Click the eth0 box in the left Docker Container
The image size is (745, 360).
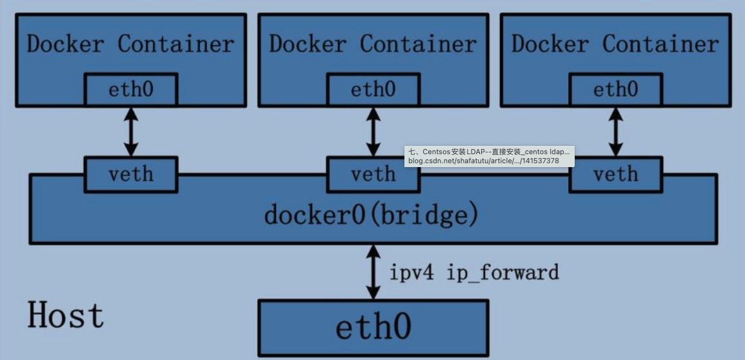coord(130,89)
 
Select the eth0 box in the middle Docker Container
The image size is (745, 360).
coord(373,89)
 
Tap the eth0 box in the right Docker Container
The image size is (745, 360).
coord(615,89)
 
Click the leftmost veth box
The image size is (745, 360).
coord(130,174)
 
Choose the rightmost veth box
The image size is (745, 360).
coord(615,175)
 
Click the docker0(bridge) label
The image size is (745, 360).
coord(372,215)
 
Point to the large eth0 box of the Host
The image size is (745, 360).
coord(373,327)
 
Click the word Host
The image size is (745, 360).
coord(65,315)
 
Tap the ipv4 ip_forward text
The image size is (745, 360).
coord(474,272)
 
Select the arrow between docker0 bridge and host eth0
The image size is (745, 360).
coord(373,272)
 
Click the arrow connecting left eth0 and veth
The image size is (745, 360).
coord(131,131)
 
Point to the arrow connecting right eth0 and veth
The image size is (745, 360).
coord(615,131)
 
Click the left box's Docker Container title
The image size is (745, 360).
coord(130,44)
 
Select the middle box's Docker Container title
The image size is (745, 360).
coord(373,44)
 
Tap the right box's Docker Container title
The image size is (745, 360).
coord(615,44)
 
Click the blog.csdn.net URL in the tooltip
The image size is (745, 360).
coord(483,161)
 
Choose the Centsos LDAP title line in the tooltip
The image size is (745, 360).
coord(490,151)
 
